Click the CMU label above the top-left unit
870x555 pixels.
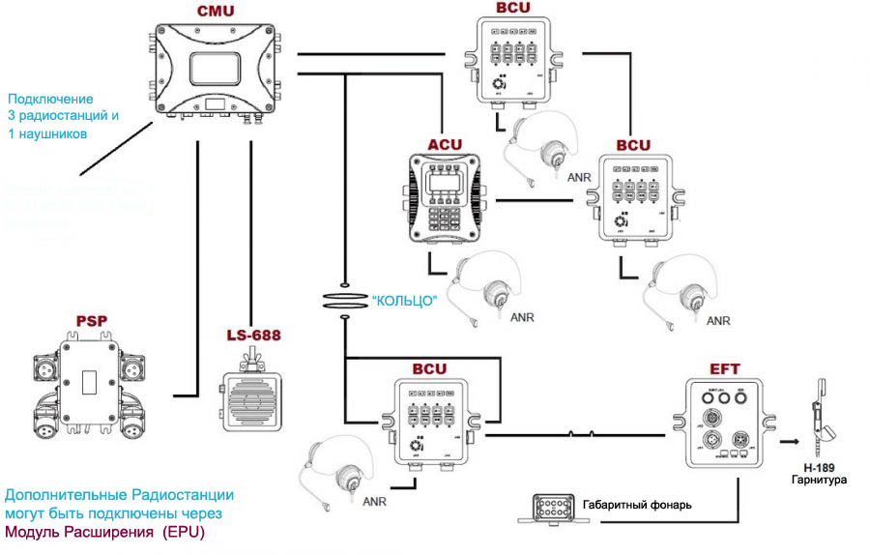[x=213, y=11]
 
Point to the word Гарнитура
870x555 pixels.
[x=819, y=481]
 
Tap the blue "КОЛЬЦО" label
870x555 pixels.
[x=404, y=300]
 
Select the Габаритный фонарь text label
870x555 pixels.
[x=636, y=504]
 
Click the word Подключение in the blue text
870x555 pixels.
[x=50, y=100]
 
